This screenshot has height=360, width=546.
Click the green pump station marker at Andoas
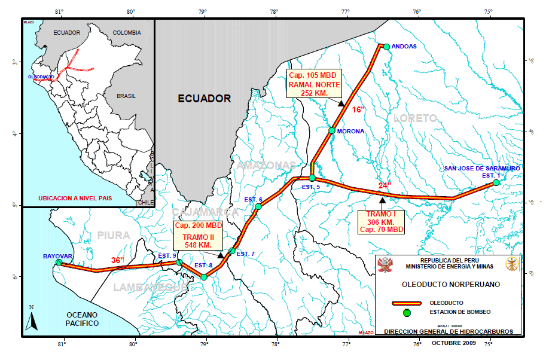click(386, 47)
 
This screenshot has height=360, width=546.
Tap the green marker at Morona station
click(332, 130)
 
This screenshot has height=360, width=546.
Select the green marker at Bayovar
click(59, 263)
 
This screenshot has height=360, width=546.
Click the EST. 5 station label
click(310, 187)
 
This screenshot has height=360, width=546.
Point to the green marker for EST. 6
click(258, 207)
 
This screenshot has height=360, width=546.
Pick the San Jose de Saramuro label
click(481, 169)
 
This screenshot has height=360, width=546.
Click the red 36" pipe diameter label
click(118, 260)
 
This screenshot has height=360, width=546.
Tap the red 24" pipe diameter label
click(385, 185)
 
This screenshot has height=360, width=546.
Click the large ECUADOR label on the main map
click(205, 99)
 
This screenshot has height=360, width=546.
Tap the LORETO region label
click(416, 119)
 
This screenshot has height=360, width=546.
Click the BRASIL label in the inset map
click(126, 96)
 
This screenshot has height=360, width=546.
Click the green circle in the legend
click(407, 312)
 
